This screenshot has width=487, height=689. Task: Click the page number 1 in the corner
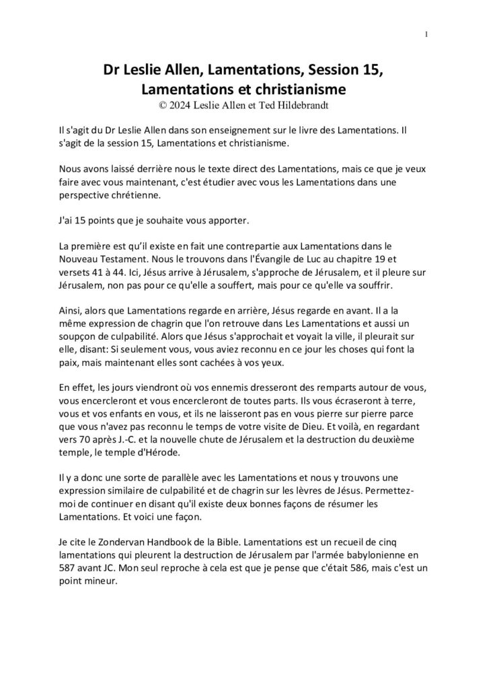point(427,34)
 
